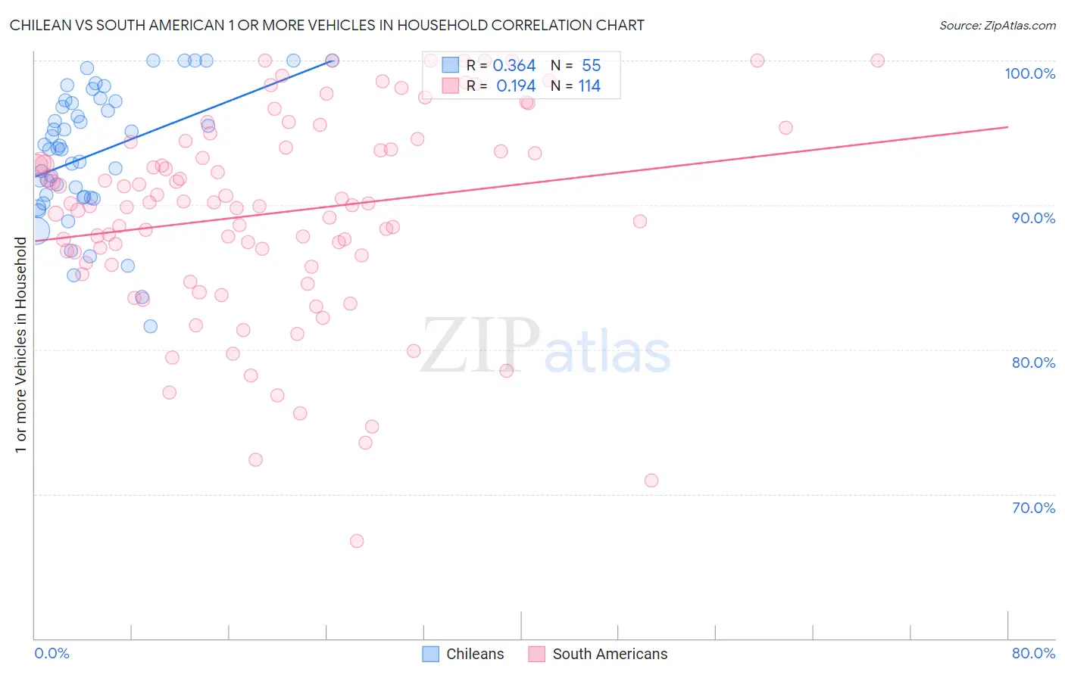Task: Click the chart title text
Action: (x=326, y=25)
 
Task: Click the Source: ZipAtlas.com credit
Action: (x=997, y=25)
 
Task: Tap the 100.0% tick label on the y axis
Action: (x=1029, y=73)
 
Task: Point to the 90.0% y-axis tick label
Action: (x=1033, y=218)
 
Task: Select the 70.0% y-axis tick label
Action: (x=1033, y=507)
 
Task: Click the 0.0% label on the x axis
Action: (x=52, y=653)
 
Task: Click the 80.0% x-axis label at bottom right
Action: (x=1033, y=653)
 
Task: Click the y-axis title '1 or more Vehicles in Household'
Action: (x=20, y=345)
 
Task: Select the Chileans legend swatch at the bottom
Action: (x=431, y=654)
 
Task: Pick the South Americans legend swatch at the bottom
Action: (x=537, y=654)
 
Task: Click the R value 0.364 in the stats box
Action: (x=514, y=66)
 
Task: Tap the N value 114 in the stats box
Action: (x=589, y=86)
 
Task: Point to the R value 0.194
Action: (x=516, y=86)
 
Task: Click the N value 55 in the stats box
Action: (x=591, y=66)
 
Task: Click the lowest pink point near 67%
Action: (x=357, y=541)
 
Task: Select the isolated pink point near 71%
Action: (x=651, y=481)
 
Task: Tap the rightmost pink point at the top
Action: (x=877, y=61)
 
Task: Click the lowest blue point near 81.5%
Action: (x=151, y=326)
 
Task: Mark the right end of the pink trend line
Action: (x=1007, y=127)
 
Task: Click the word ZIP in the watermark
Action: (x=479, y=347)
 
